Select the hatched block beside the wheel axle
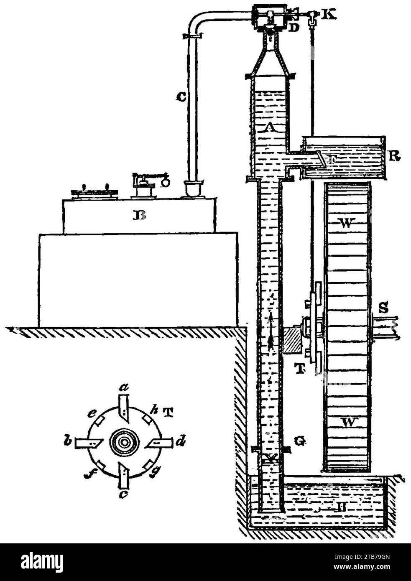pyautogui.click(x=295, y=342)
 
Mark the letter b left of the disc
pyautogui.click(x=68, y=442)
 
